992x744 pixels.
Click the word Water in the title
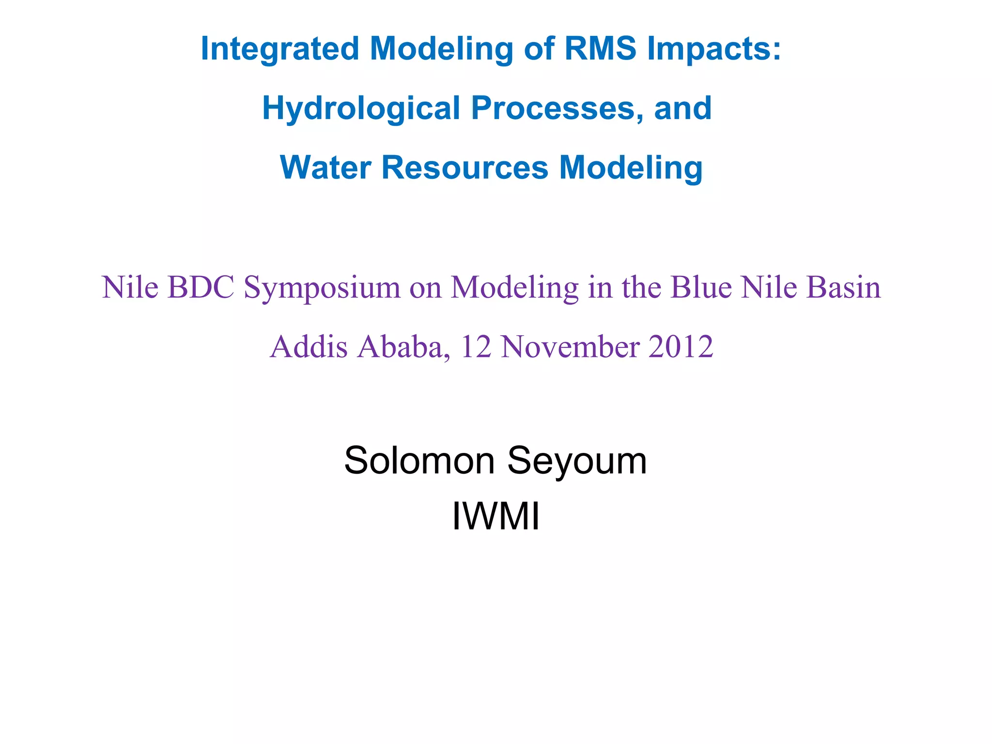click(x=325, y=168)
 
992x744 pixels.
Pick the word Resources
click(x=465, y=168)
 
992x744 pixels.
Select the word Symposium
click(x=322, y=288)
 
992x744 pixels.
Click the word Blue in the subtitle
click(x=701, y=287)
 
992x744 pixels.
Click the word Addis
click(x=309, y=347)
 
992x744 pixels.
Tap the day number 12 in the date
click(x=476, y=347)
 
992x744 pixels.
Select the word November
click(x=570, y=347)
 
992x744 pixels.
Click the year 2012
click(x=681, y=347)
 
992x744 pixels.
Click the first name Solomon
click(x=419, y=460)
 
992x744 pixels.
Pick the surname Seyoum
click(x=577, y=461)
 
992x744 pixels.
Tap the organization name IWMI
click(x=496, y=517)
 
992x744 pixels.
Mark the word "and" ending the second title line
click(x=682, y=108)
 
